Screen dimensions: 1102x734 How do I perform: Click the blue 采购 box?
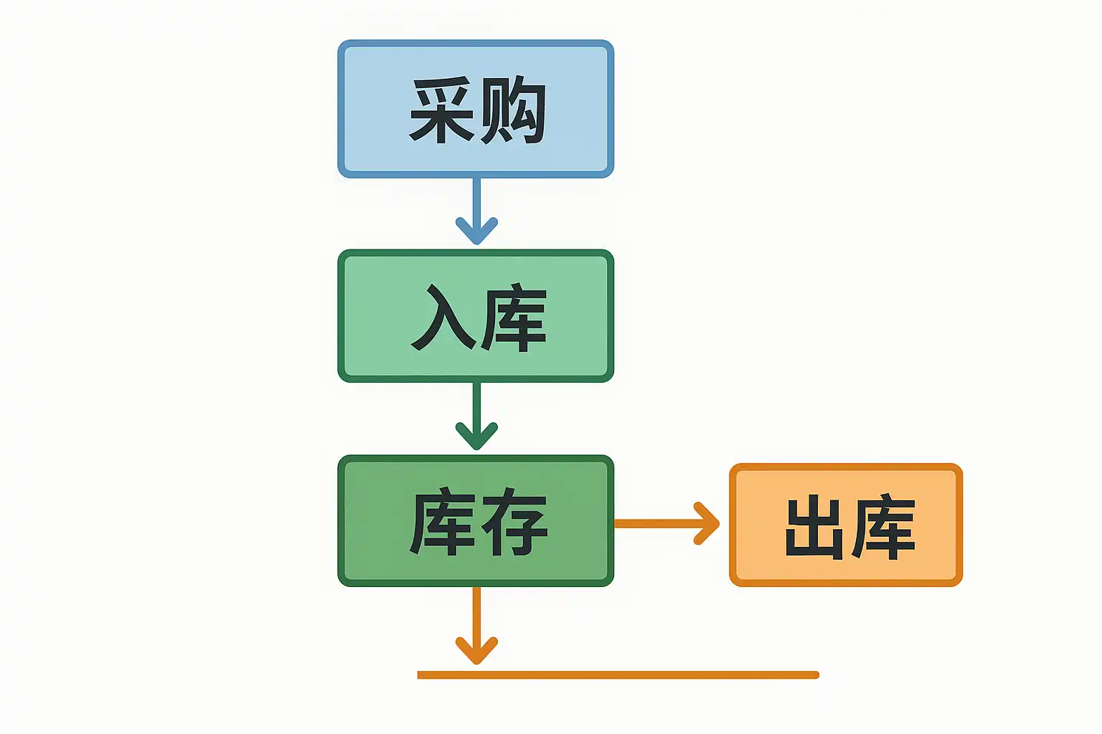pos(476,109)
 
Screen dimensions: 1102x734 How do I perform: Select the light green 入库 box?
pos(476,315)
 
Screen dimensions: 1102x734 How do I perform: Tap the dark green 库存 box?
pos(476,520)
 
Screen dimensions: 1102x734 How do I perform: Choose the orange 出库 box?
pos(846,525)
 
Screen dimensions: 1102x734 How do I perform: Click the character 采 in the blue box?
pos(441,110)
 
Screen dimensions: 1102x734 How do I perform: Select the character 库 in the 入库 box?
pos(514,317)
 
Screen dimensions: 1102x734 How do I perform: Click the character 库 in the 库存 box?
pos(442,522)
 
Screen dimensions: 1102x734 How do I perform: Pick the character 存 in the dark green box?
pos(514,522)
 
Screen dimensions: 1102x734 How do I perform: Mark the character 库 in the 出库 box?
pos(883,527)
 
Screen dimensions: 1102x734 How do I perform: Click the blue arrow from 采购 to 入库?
pos(476,211)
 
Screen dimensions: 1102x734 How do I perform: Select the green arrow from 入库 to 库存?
pos(476,416)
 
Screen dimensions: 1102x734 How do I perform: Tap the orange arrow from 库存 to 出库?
pos(667,523)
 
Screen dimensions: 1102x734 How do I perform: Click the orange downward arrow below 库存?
pos(476,625)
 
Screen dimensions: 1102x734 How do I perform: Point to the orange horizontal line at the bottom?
pos(618,675)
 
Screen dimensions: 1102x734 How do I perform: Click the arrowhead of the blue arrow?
pos(476,231)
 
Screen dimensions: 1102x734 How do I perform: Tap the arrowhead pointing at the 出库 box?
pos(707,523)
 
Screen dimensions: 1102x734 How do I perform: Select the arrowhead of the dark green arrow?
pos(476,436)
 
